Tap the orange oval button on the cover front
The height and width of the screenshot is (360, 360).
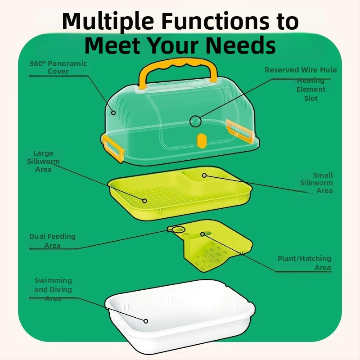(x=201, y=140)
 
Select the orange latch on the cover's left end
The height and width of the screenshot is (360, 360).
(x=113, y=148)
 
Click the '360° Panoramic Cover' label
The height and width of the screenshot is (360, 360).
(x=58, y=67)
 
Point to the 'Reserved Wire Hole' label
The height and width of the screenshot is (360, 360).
(x=301, y=70)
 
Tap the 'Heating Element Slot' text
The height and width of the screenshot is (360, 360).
(x=310, y=89)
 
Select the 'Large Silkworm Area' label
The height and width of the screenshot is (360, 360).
(x=43, y=161)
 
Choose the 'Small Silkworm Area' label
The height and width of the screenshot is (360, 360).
(x=317, y=183)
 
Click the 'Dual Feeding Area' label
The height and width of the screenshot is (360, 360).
(x=52, y=241)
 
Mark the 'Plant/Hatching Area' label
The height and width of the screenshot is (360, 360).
(x=305, y=263)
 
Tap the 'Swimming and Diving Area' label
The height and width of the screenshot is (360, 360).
(x=53, y=289)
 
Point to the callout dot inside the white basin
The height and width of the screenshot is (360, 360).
(x=146, y=321)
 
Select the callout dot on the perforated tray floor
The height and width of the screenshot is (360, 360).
(x=144, y=201)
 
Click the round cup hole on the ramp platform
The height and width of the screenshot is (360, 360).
(x=179, y=229)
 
